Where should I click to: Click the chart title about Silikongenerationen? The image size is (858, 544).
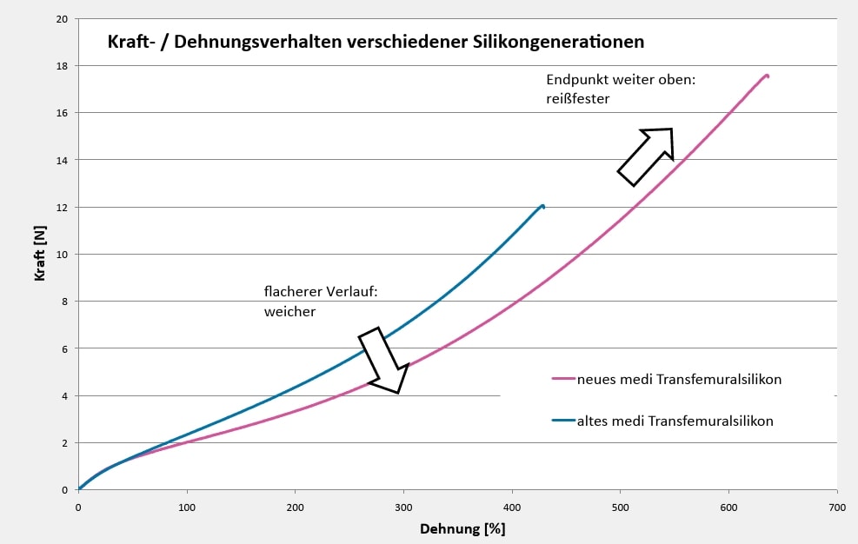coord(376,42)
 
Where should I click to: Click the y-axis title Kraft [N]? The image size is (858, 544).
coord(39,255)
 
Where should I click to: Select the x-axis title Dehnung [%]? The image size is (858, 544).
coord(462,528)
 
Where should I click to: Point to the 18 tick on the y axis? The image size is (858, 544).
coord(62,66)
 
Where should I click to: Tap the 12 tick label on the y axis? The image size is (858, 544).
coord(62,208)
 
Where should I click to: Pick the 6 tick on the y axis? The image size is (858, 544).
coord(65,349)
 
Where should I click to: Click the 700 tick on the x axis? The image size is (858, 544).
coord(836,507)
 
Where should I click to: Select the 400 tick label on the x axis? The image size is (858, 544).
coord(511,507)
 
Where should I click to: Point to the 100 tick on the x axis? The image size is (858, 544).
coord(186,507)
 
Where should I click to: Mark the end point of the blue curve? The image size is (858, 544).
coord(543,206)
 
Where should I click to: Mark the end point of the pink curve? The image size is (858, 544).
coord(767,76)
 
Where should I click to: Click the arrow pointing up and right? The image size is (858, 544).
coord(647,156)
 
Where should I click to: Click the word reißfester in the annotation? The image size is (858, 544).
coord(578,99)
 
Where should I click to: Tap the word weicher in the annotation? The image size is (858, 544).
coord(289,310)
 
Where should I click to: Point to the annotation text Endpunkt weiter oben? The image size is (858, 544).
coord(622,79)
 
